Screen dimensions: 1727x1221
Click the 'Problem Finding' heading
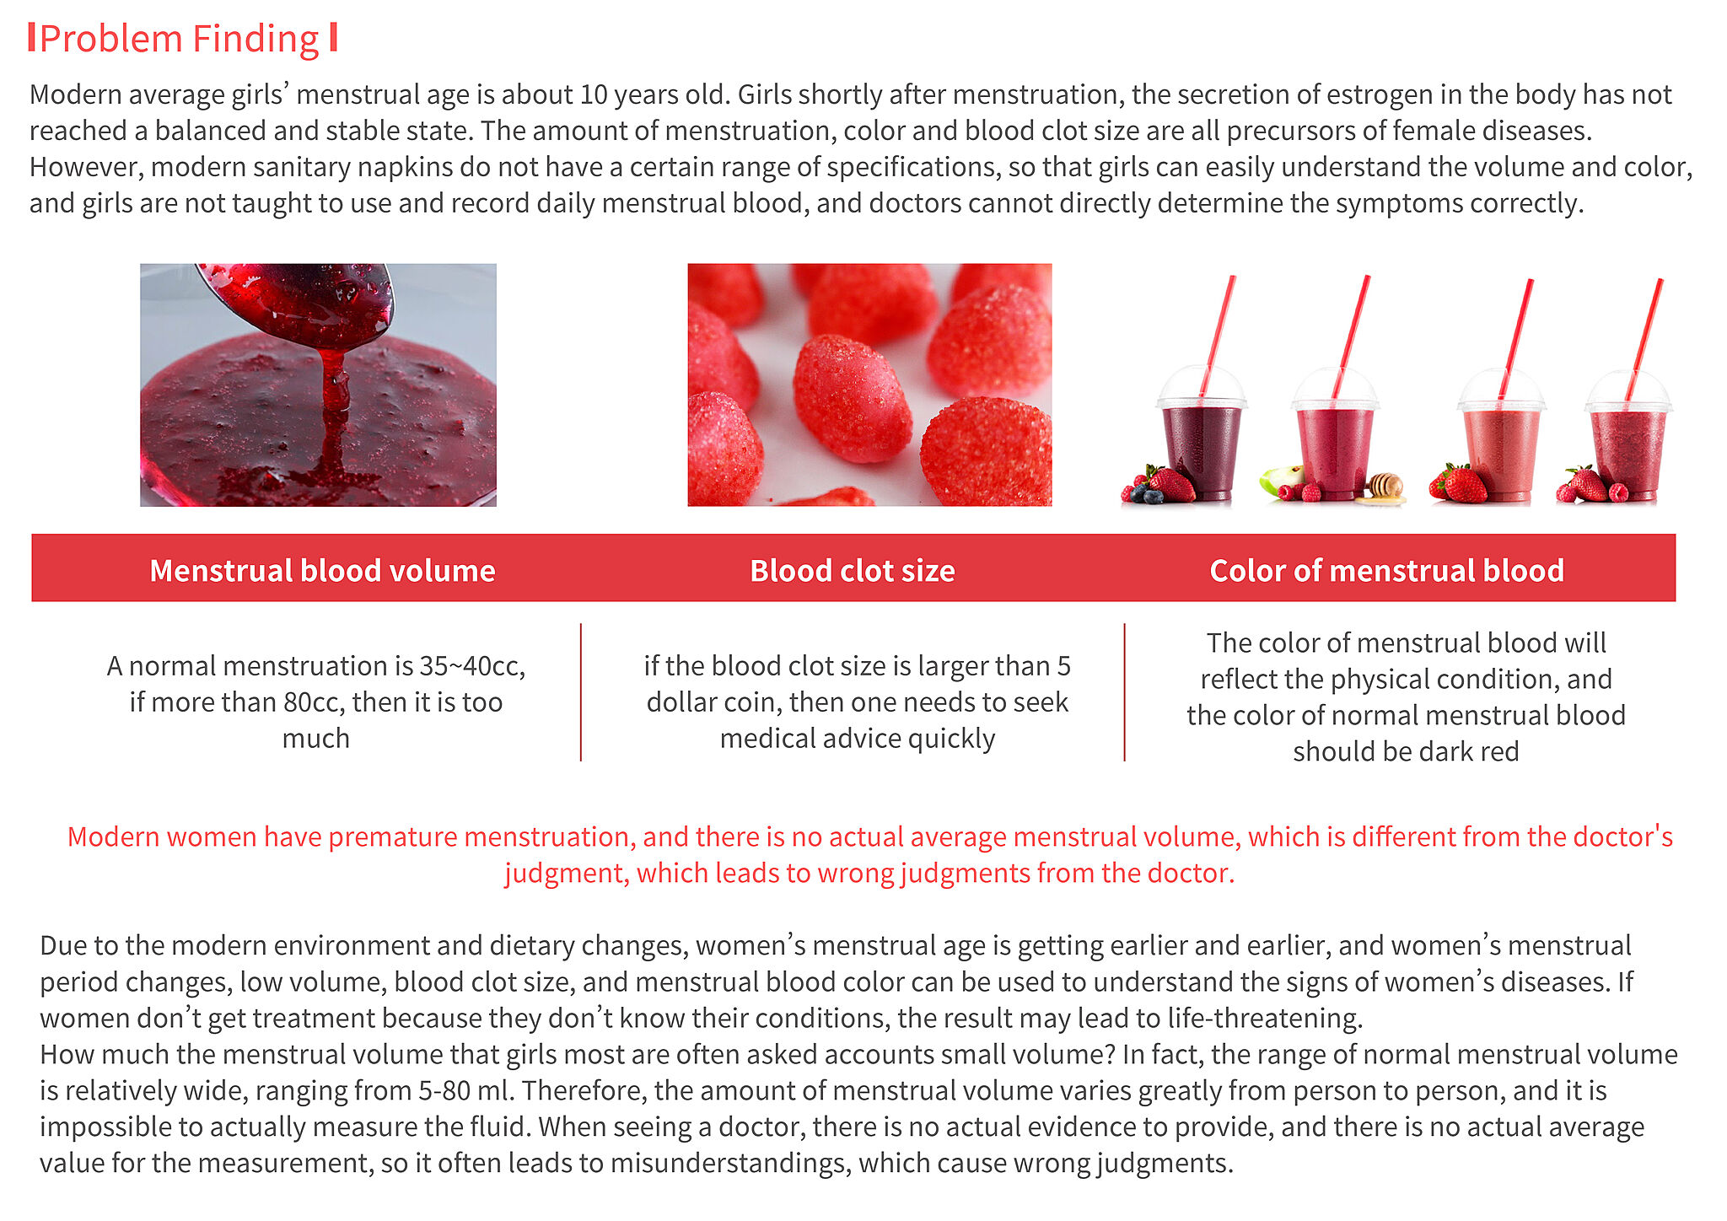point(180,39)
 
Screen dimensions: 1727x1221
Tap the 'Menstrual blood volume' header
point(322,570)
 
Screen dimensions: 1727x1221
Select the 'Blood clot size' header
point(853,570)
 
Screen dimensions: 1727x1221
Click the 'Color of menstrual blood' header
point(1386,570)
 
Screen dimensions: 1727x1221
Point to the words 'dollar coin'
point(714,702)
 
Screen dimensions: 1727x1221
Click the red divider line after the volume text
point(581,692)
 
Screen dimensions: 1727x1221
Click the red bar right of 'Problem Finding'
point(334,38)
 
